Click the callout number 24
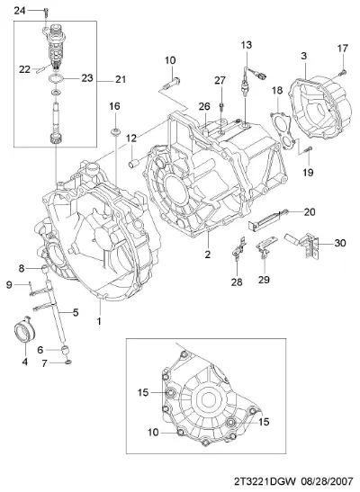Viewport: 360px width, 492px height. click(x=20, y=11)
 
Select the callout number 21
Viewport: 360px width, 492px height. click(x=121, y=79)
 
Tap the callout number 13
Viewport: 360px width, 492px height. click(x=247, y=45)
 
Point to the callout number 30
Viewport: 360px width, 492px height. click(x=340, y=243)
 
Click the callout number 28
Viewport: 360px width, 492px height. click(x=237, y=282)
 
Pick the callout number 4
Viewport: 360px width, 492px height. click(x=25, y=362)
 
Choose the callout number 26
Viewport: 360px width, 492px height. click(x=204, y=106)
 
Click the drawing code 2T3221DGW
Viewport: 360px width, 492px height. click(x=265, y=481)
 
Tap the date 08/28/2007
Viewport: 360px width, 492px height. click(x=328, y=481)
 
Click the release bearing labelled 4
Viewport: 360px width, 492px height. click(x=25, y=330)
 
